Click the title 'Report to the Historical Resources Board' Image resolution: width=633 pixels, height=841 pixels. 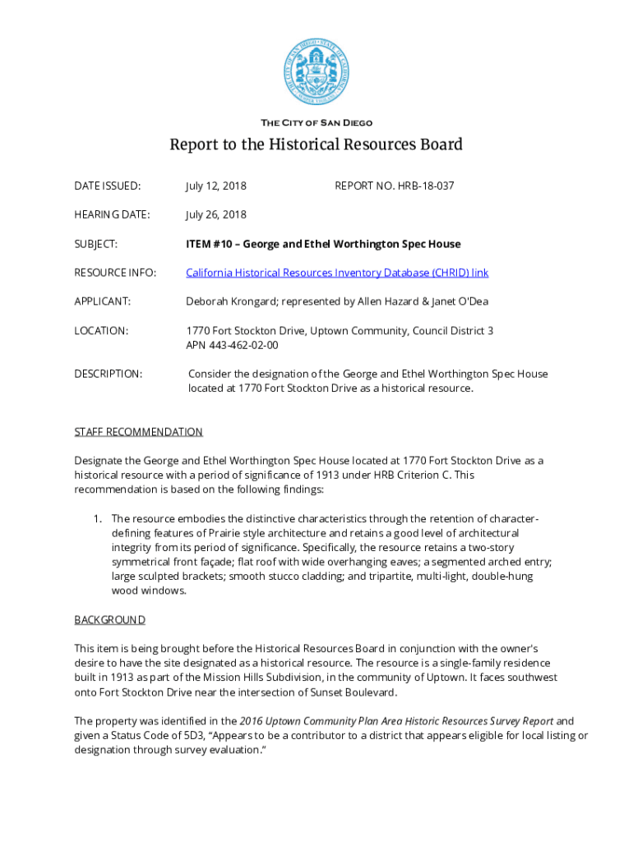pos(316,145)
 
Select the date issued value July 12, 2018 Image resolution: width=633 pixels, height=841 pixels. pos(216,186)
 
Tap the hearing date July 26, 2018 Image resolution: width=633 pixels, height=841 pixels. pos(216,215)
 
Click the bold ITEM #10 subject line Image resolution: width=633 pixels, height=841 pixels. pos(323,244)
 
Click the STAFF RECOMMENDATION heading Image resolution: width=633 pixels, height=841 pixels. pos(138,432)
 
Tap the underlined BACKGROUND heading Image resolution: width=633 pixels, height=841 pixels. pos(110,619)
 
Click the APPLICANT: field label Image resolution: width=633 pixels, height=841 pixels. pos(102,301)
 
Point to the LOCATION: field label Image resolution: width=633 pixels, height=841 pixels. pos(101,331)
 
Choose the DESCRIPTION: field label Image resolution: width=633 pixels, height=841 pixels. pos(108,375)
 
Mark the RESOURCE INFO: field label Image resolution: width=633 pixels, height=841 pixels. pos(115,273)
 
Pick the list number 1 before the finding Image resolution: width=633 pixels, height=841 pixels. pos(96,519)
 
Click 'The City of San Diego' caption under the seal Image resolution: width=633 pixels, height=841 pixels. pos(316,123)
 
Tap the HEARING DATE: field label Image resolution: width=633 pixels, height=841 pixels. pos(112,215)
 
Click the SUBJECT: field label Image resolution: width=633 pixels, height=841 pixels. pos(96,244)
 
